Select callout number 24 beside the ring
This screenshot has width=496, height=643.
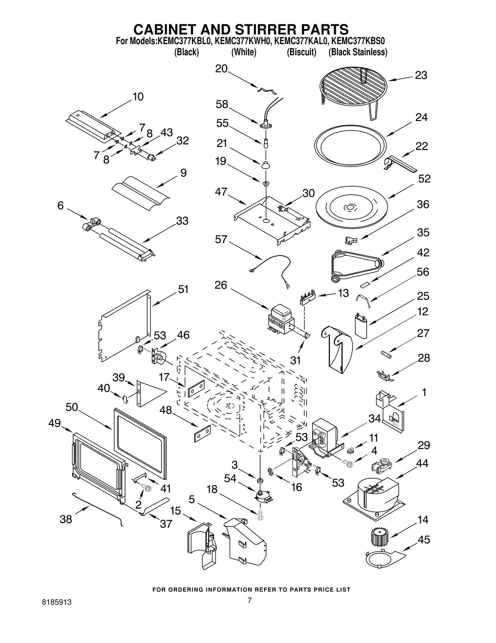coord(421,117)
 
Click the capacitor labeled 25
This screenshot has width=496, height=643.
coord(361,326)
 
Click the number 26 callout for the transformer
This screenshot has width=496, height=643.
coord(221,285)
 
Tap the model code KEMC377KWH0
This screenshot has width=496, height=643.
coord(243,41)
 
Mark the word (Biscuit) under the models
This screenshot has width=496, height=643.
coord(301,52)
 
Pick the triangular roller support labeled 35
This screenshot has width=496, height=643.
coord(355,264)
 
